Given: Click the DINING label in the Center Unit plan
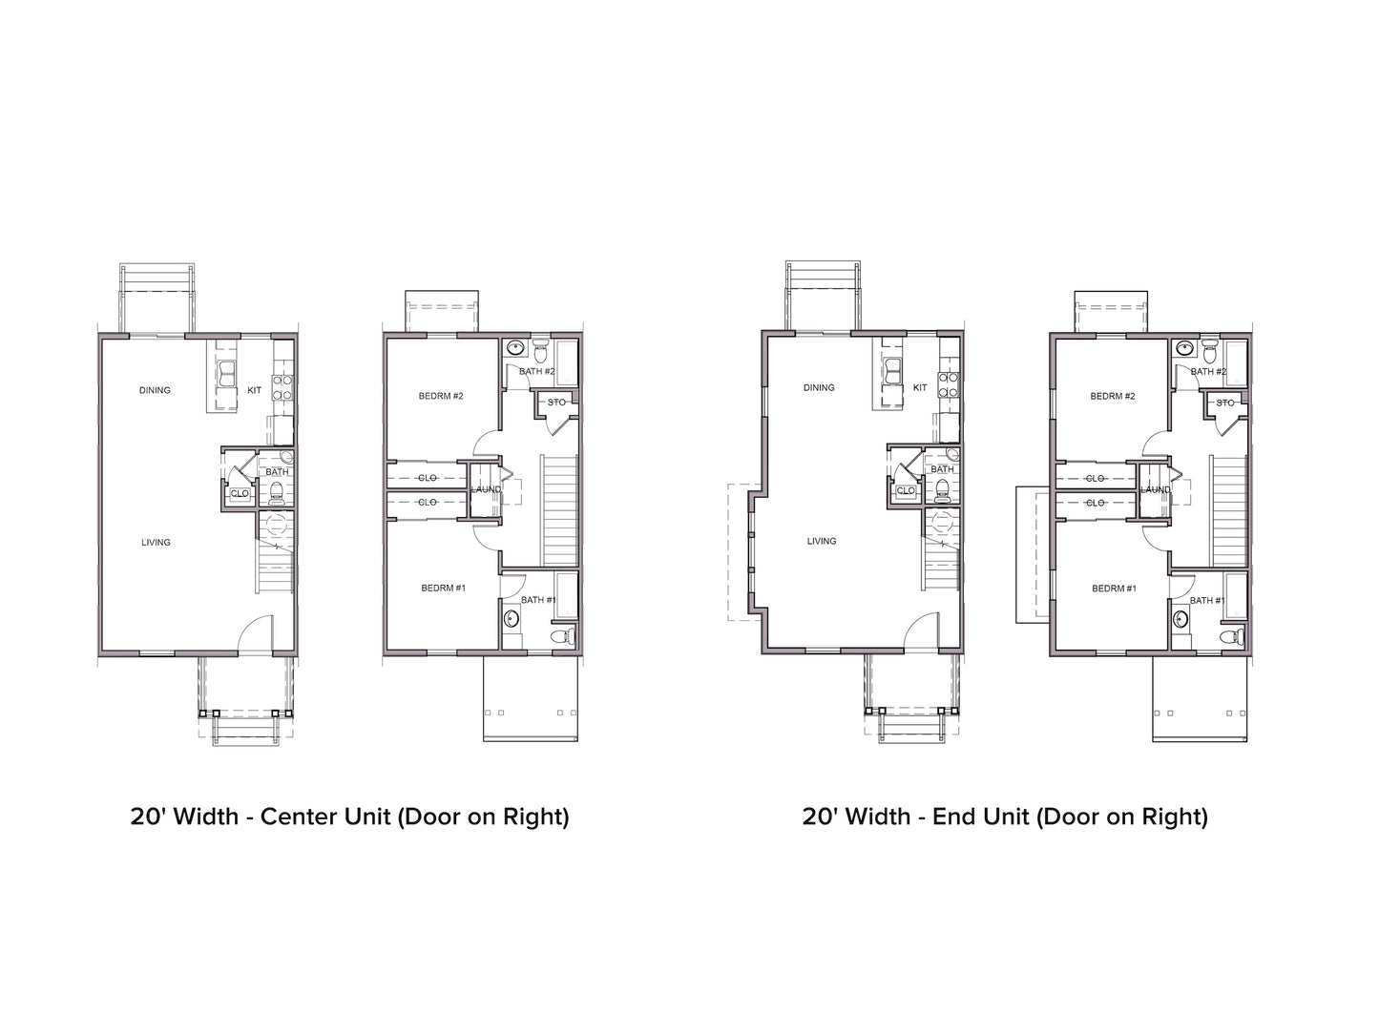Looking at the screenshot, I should pos(155,390).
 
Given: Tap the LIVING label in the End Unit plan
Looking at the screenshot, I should pos(822,541).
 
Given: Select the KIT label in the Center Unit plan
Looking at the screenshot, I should pos(254,390).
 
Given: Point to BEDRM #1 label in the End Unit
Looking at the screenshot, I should pos(1114,589).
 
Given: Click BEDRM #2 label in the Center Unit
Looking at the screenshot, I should pos(441,396).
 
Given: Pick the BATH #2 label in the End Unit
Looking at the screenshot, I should pos(1207,371).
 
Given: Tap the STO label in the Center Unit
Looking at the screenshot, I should pos(556,403).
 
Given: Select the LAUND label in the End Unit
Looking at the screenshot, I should pos(1156,490).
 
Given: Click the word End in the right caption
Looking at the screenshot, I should pos(952,817).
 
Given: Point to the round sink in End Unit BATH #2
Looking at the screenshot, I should pos(1185,348).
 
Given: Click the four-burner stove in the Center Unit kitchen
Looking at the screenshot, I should pos(282,386).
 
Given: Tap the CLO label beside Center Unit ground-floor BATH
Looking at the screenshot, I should pos(239,493).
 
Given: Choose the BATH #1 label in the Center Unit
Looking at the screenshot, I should pos(538,600).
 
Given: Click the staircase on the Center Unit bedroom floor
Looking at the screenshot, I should pos(561,510).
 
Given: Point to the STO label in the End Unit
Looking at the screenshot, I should pos(1225,403).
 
